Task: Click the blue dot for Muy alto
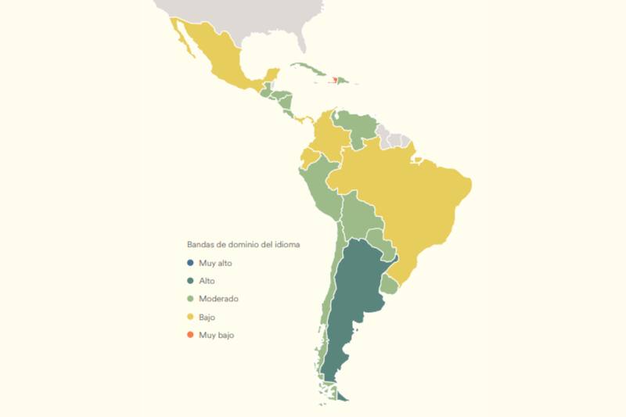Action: pyautogui.click(x=190, y=263)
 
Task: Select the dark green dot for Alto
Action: pyautogui.click(x=190, y=281)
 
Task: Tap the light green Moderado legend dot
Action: pyautogui.click(x=190, y=299)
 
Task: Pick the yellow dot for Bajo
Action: pyautogui.click(x=190, y=317)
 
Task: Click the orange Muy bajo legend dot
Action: pyautogui.click(x=190, y=335)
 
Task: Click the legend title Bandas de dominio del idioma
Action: pyautogui.click(x=243, y=244)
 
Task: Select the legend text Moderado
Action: pyautogui.click(x=218, y=299)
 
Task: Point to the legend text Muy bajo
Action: pyautogui.click(x=216, y=335)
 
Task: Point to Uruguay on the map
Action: pyautogui.click(x=389, y=285)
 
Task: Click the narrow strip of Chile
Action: pyautogui.click(x=327, y=313)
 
